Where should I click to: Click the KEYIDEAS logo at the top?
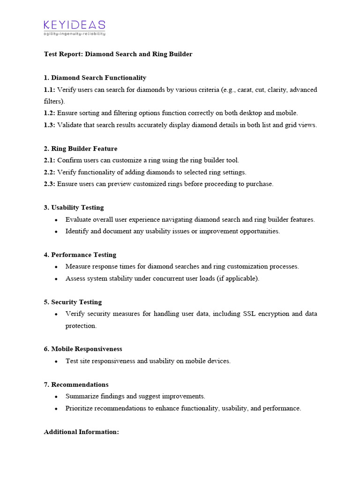tap(75, 25)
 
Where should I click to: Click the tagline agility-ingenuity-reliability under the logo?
tap(75, 34)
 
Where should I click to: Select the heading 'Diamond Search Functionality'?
tap(98, 78)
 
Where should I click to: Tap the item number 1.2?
tap(49, 113)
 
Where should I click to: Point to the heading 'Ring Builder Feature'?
tap(84, 149)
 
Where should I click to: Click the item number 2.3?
tap(49, 184)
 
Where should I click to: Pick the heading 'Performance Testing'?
tap(83, 255)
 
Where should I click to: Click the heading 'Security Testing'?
tap(76, 302)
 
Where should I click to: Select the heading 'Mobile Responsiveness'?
tap(87, 349)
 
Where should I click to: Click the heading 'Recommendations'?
tap(80, 385)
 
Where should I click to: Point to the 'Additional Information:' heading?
tap(82, 432)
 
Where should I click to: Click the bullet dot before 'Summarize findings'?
tap(56, 397)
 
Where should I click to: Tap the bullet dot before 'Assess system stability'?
tap(56, 279)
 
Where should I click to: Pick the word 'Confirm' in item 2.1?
tap(69, 160)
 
